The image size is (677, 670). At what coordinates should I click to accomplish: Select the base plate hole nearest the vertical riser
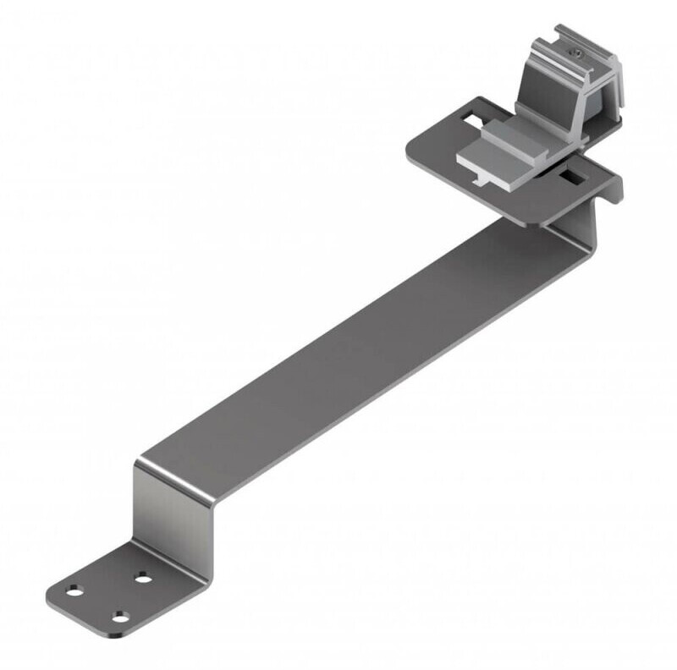pos(143,579)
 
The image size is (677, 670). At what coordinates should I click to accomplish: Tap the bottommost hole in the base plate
pos(121,617)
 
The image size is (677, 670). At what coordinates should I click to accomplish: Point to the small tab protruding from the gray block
pos(480,180)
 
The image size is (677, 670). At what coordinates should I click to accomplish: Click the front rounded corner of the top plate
pos(529,222)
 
